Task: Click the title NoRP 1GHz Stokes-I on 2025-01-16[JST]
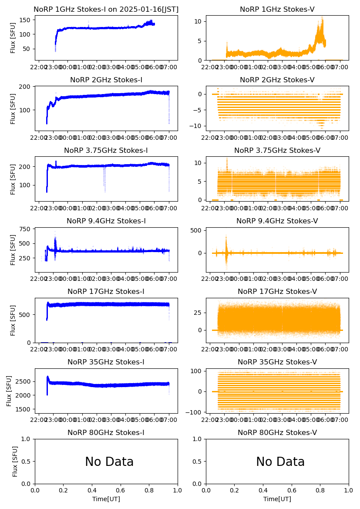(106, 10)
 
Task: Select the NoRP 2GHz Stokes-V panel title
(277, 80)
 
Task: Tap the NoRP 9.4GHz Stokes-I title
(106, 221)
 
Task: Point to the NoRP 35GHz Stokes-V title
(277, 362)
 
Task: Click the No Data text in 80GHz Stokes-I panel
(109, 462)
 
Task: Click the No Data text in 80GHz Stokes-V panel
(280, 462)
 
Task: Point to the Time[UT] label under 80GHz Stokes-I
(106, 499)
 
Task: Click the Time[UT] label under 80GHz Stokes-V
(277, 499)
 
